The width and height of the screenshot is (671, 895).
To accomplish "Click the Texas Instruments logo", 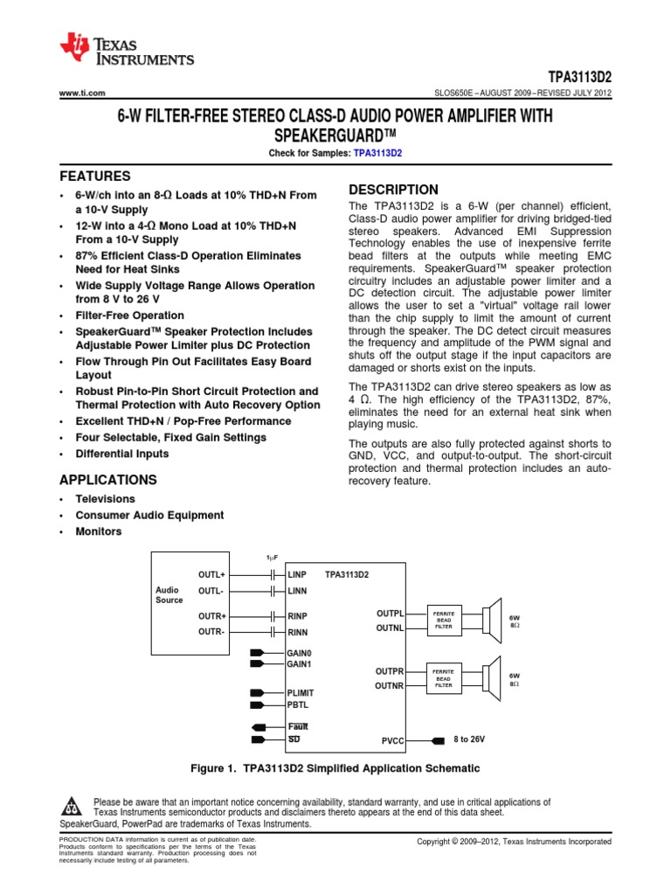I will tap(126, 50).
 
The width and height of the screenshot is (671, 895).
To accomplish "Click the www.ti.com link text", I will tap(81, 93).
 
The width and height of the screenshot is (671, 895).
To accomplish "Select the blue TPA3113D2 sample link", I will tap(378, 152).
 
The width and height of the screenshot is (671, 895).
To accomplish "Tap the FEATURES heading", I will tap(94, 176).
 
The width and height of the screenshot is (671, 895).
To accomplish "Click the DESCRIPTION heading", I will tap(393, 190).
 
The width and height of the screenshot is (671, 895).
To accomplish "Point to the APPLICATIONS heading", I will tap(107, 480).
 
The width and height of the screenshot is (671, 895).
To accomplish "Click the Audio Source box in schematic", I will tap(169, 595).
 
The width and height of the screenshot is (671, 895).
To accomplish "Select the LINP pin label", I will tap(298, 574).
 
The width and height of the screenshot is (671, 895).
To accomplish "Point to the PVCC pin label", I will tap(394, 741).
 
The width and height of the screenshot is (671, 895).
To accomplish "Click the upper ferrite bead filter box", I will tap(444, 620).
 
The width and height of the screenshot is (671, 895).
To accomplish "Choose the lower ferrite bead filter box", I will tap(444, 678).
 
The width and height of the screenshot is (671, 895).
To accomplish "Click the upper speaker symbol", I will tap(493, 620).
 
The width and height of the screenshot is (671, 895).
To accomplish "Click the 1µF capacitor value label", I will tap(272, 558).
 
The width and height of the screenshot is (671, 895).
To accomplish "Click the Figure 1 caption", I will tap(335, 768).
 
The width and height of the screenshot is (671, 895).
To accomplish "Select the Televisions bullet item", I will tap(106, 498).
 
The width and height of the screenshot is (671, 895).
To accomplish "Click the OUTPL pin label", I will tap(390, 614).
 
